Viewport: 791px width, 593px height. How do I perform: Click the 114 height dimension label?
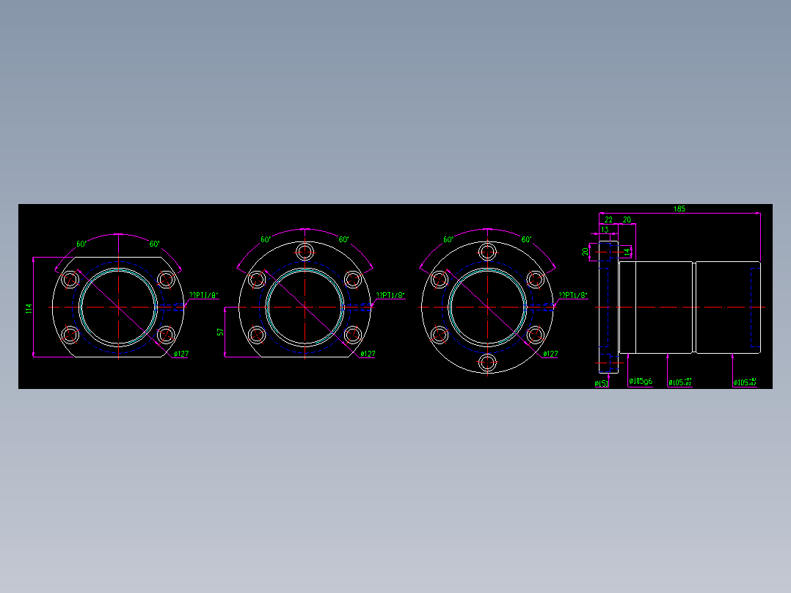29,309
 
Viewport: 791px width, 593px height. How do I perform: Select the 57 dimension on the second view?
220,332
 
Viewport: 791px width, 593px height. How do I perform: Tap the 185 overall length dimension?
679,209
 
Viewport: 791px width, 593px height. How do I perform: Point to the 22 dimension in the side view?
608,219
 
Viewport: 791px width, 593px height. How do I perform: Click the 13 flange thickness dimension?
605,230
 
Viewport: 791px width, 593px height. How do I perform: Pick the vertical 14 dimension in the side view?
627,252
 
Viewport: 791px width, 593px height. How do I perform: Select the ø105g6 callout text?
641,382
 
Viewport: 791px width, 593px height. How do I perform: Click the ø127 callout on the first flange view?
181,354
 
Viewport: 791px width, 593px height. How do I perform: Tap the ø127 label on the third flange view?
550,354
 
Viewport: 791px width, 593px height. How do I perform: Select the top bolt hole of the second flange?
305,252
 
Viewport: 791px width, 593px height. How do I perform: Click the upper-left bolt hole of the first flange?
71,280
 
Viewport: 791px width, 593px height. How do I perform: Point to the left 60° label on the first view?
81,244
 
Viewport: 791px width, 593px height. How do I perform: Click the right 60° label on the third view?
526,240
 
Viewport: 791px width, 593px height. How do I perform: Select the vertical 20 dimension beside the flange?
586,252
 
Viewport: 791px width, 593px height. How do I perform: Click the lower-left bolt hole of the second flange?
257,335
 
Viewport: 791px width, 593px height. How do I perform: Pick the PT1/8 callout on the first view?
204,296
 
